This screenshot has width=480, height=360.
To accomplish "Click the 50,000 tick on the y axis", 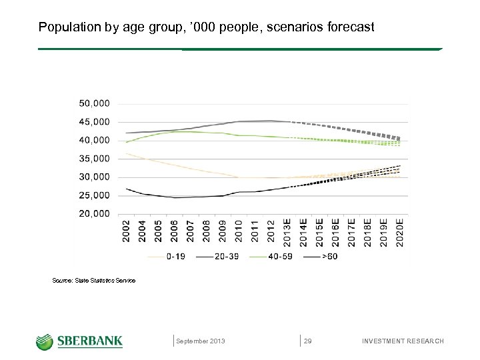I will pyautogui.click(x=95, y=104).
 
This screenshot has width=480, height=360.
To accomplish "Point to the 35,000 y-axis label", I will pyautogui.click(x=95, y=159).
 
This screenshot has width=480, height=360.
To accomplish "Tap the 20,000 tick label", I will pyautogui.click(x=95, y=214).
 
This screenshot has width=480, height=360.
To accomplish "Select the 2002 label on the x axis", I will pyautogui.click(x=126, y=232).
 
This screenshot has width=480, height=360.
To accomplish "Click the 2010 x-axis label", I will pyautogui.click(x=238, y=232).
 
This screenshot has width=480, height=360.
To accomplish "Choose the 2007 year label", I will pyautogui.click(x=190, y=232).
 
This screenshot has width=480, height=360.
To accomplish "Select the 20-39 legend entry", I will pyautogui.click(x=229, y=256).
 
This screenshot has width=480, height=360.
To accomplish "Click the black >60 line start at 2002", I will pyautogui.click(x=127, y=189).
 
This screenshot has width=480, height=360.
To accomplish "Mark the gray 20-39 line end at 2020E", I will pyautogui.click(x=399, y=139).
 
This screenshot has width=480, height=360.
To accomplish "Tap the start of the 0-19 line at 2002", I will pyautogui.click(x=127, y=154).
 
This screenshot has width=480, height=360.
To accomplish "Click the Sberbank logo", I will pyautogui.click(x=79, y=341).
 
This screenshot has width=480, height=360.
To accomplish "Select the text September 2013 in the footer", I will pyautogui.click(x=201, y=341).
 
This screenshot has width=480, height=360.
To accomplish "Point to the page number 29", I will pyautogui.click(x=308, y=341).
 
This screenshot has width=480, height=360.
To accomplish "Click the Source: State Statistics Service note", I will pyautogui.click(x=93, y=281).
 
